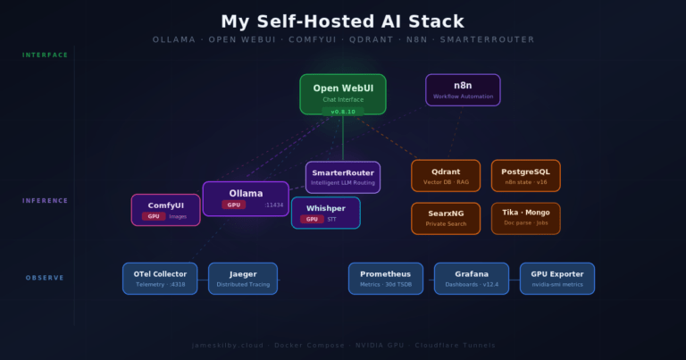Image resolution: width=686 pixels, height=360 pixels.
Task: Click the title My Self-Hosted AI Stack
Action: coord(343,21)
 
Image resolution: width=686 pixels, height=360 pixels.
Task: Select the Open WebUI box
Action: coord(343,93)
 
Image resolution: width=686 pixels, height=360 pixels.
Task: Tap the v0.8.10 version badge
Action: coord(343,112)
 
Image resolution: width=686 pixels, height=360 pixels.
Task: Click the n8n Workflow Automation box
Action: coord(463,90)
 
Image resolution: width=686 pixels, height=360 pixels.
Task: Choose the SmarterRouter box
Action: coord(343,177)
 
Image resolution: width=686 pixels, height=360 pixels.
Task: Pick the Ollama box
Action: coord(246,198)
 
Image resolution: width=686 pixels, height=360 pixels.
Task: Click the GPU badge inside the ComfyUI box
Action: coord(154,216)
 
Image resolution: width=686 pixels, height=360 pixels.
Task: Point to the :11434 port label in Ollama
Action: coord(273,205)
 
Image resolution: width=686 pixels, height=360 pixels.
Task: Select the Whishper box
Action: coord(326,213)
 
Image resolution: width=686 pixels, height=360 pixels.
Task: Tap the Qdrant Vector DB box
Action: coord(446,175)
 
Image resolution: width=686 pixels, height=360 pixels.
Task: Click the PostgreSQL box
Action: coord(526,175)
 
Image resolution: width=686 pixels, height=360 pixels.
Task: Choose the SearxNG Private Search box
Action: coord(446,218)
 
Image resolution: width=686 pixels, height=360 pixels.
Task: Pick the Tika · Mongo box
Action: coord(526,218)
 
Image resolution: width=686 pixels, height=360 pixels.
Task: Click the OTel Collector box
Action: coord(160,278)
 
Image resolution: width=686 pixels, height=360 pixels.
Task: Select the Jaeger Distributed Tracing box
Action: coord(243,278)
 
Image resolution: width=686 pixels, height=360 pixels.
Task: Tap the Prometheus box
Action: coord(385,278)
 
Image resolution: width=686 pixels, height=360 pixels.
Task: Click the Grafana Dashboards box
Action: coord(472,278)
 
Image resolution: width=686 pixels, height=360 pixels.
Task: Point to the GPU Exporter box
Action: coord(557,278)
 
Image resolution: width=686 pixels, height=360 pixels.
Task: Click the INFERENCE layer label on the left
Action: coord(45,201)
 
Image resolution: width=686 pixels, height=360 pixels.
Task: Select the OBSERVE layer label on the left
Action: coord(45,278)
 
